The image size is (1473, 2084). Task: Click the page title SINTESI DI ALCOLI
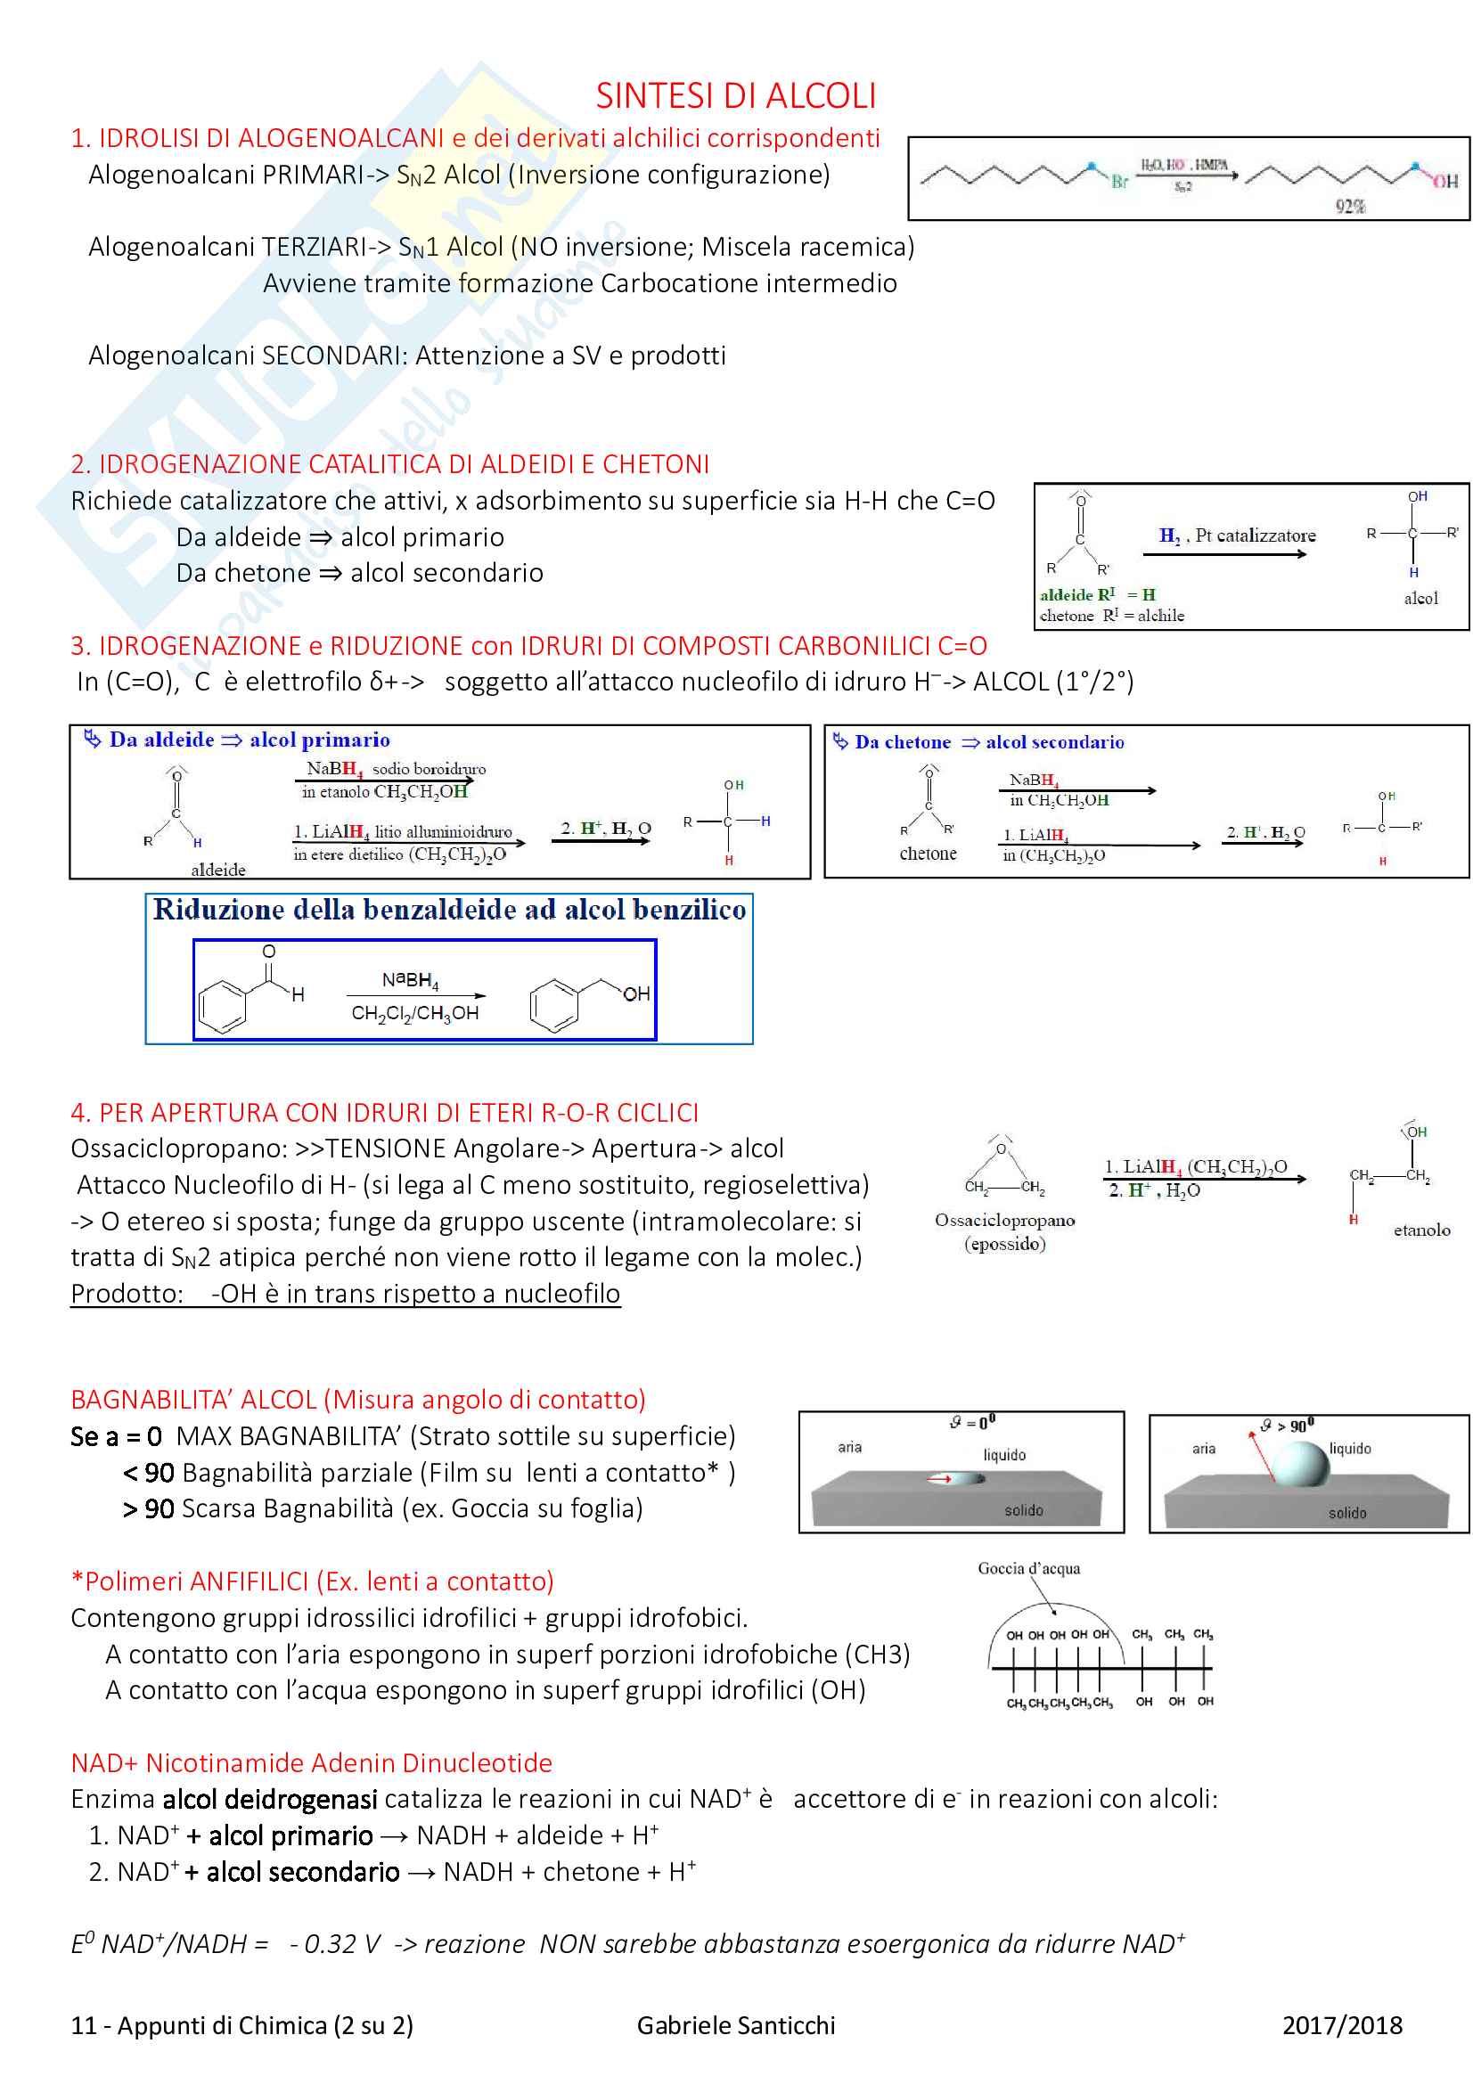pyautogui.click(x=735, y=95)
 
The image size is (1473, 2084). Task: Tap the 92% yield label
pyautogui.click(x=1349, y=206)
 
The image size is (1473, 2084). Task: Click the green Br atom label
pyautogui.click(x=1119, y=182)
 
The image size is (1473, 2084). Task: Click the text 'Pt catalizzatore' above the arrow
pyautogui.click(x=1256, y=535)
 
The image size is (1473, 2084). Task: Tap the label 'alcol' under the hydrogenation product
pyautogui.click(x=1420, y=598)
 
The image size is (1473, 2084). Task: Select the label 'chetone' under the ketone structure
pyautogui.click(x=928, y=854)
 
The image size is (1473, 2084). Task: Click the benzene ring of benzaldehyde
pyautogui.click(x=223, y=1006)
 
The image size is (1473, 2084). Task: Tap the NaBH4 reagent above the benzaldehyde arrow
pyautogui.click(x=410, y=980)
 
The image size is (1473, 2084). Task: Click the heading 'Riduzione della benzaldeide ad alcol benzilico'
pyautogui.click(x=449, y=910)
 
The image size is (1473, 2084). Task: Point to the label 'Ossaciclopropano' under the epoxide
pyautogui.click(x=1004, y=1221)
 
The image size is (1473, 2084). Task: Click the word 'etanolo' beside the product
pyautogui.click(x=1421, y=1230)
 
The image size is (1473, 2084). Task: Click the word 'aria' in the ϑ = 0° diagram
pyautogui.click(x=849, y=1447)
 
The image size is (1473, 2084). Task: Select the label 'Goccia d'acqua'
pyautogui.click(x=1028, y=1568)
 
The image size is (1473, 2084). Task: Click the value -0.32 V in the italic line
pyautogui.click(x=335, y=1944)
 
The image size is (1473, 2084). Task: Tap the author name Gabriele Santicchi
pyautogui.click(x=735, y=2026)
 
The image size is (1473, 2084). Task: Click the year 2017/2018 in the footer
pyautogui.click(x=1341, y=2026)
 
